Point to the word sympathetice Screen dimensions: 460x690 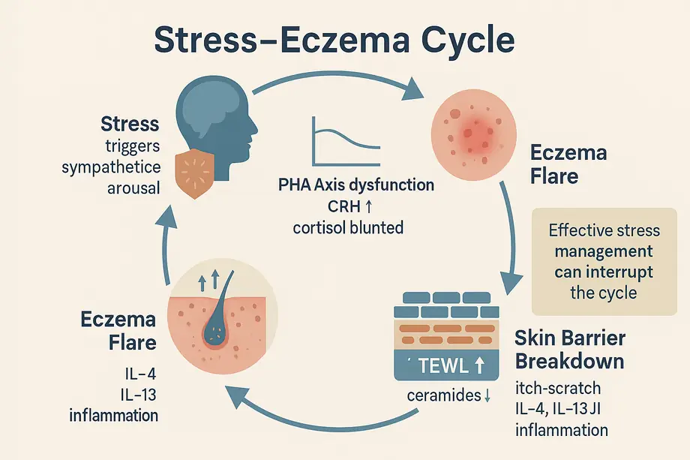point(111,167)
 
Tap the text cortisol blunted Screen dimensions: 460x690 point(347,227)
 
